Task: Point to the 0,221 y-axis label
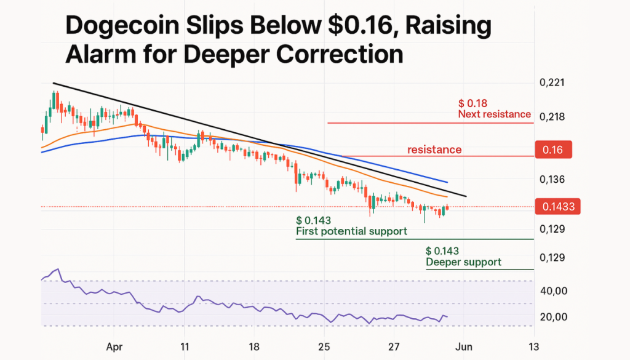(551, 82)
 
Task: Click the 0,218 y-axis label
(551, 116)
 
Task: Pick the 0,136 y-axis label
(551, 180)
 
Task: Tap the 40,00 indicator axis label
(554, 290)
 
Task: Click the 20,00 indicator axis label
(554, 317)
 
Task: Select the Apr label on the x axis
(113, 346)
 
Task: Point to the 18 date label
(254, 346)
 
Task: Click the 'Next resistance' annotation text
(494, 114)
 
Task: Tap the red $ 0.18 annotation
(473, 103)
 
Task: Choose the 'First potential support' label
(351, 231)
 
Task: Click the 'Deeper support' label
(463, 262)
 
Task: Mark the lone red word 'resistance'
(434, 150)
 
